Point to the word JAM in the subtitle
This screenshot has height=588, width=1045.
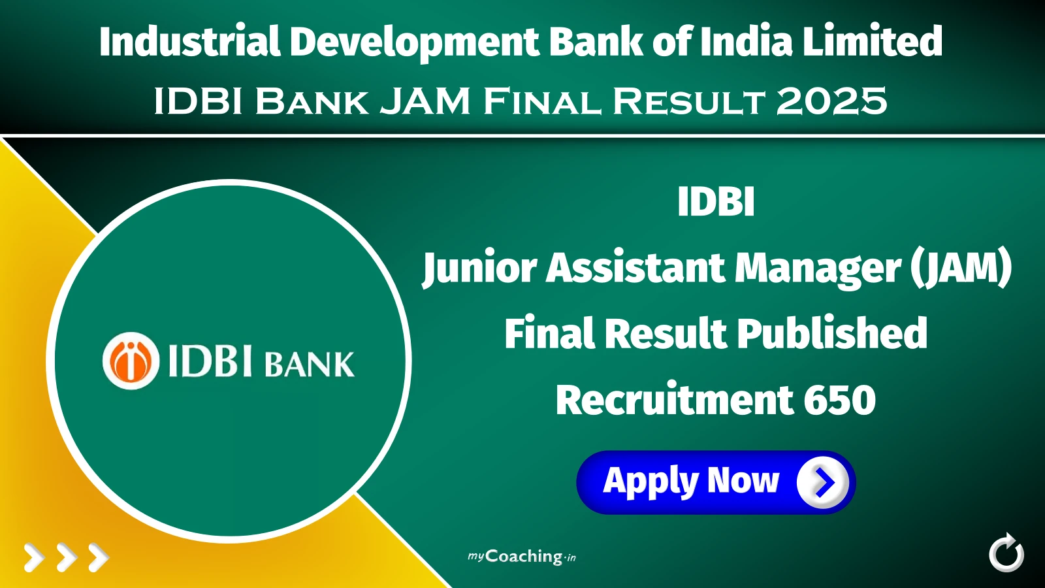425,102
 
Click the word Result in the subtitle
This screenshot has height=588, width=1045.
688,102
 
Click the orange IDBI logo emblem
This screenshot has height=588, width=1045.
131,361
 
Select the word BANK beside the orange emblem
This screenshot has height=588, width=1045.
310,365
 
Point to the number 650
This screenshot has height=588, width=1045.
839,400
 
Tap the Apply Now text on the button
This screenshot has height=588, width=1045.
691,482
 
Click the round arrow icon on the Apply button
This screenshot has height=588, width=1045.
822,482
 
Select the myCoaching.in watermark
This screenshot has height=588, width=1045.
522,557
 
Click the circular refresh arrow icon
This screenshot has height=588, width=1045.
1006,553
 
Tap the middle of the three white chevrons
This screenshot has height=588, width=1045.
67,557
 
